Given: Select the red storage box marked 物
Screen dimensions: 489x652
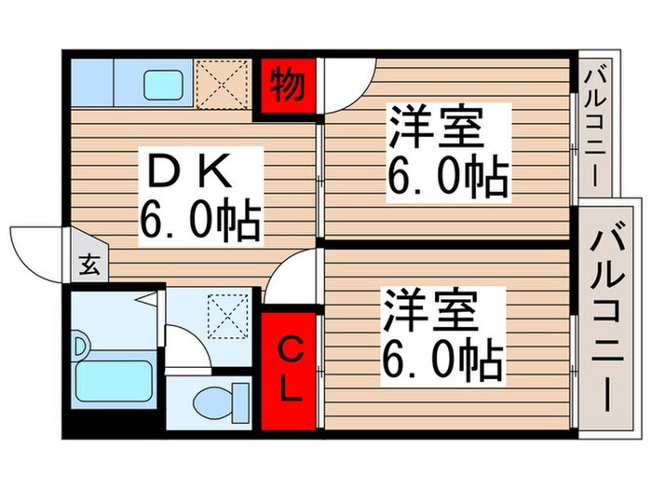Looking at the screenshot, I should click(288, 85).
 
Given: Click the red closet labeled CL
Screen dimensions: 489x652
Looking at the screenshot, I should click(290, 370).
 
